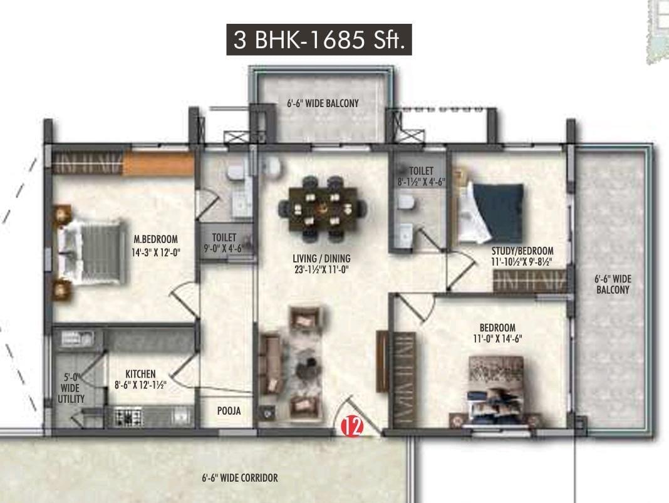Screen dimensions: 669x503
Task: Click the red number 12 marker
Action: point(352,426)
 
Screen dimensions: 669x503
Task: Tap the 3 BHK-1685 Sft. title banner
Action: point(319,39)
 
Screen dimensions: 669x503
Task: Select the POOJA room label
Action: point(229,411)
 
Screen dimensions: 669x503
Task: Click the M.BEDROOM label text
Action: point(156,239)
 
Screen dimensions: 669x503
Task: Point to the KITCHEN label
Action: point(140,374)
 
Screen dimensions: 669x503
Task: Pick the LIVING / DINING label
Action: point(321,259)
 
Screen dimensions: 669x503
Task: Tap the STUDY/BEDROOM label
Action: point(522,251)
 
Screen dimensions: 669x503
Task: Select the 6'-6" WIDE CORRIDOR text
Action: point(240,478)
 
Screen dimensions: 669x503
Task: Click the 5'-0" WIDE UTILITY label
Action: point(71,388)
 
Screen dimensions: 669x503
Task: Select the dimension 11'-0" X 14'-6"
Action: point(497,339)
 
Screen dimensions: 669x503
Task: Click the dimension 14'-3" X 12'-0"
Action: point(156,252)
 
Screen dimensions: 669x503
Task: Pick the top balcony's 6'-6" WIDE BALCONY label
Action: point(323,103)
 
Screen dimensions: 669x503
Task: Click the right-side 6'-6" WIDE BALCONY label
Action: point(613,284)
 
